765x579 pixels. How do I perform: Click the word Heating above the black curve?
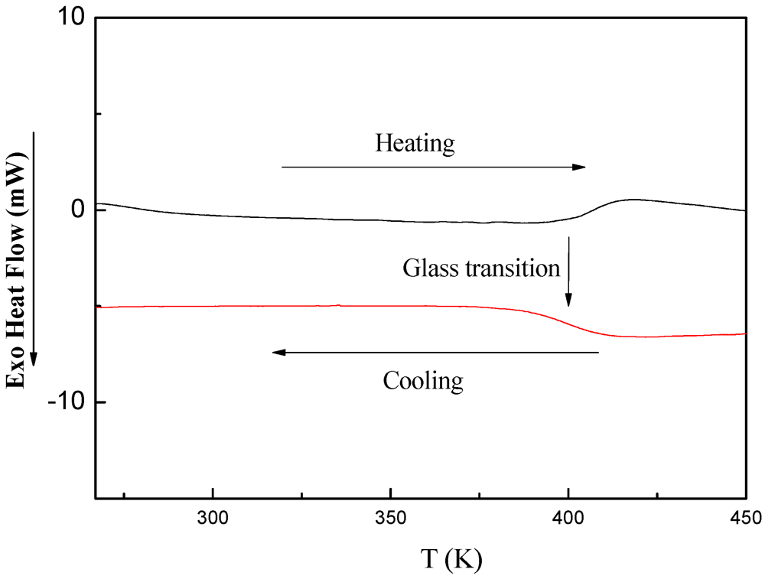point(415,143)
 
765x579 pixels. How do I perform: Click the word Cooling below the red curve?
point(423,380)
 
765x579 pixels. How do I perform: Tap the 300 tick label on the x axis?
point(213,518)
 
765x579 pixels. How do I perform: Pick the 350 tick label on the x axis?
point(391,518)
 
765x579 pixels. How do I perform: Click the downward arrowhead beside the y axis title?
point(34,357)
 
